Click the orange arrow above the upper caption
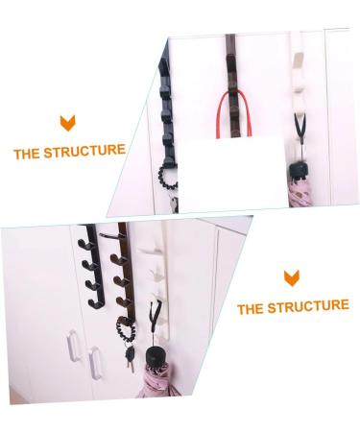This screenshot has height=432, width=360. click(68, 123)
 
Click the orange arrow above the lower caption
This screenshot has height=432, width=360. click(291, 278)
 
